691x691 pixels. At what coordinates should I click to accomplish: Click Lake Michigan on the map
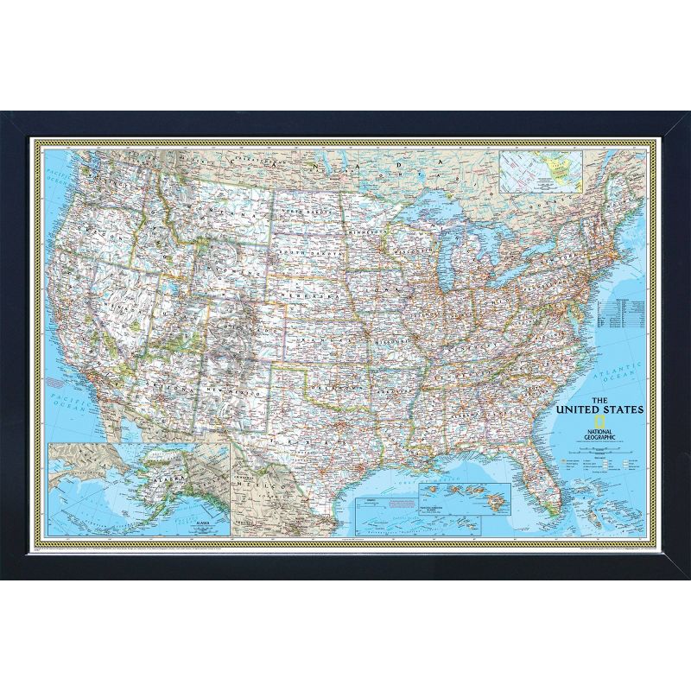click(x=448, y=259)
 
